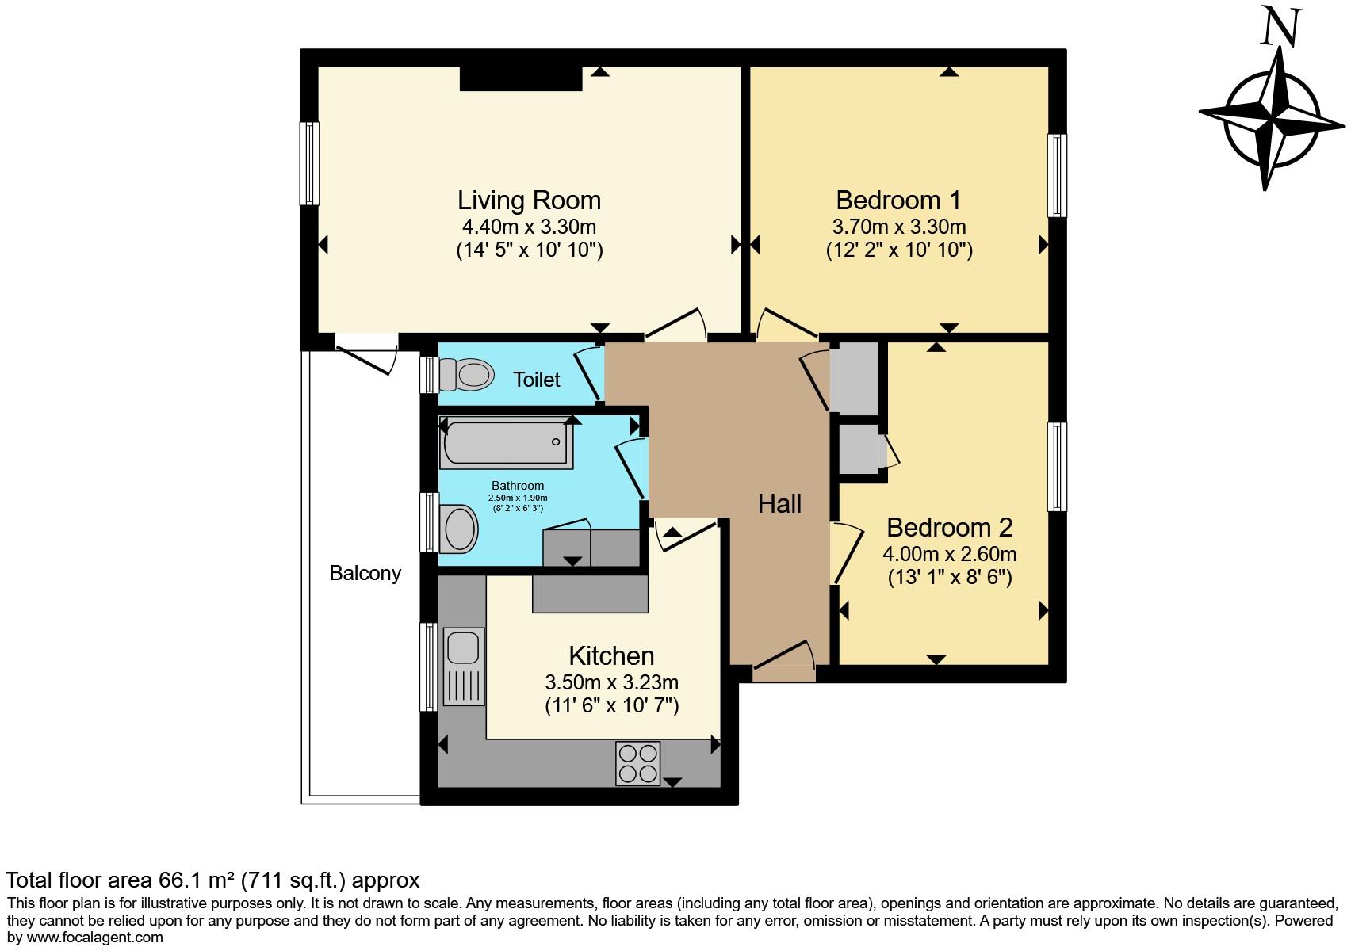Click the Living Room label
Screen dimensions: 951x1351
tap(529, 200)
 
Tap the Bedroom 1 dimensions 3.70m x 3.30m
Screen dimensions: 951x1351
tap(898, 227)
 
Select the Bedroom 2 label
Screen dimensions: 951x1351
tap(949, 528)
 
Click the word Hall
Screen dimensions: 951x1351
tap(779, 504)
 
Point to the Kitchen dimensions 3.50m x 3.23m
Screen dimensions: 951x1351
tap(611, 682)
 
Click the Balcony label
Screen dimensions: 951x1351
tap(365, 573)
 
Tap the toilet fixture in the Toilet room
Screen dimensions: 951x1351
tap(467, 374)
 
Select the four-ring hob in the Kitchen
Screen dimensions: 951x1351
tap(637, 763)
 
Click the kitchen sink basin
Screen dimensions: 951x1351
tap(462, 647)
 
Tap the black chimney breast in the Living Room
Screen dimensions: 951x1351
tap(521, 78)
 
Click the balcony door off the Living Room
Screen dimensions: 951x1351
tap(366, 355)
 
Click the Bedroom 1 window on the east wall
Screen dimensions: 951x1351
tap(1056, 175)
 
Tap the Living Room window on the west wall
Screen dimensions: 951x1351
tap(308, 162)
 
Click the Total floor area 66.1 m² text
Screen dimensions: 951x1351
tap(212, 880)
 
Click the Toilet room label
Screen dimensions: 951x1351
tap(537, 380)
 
